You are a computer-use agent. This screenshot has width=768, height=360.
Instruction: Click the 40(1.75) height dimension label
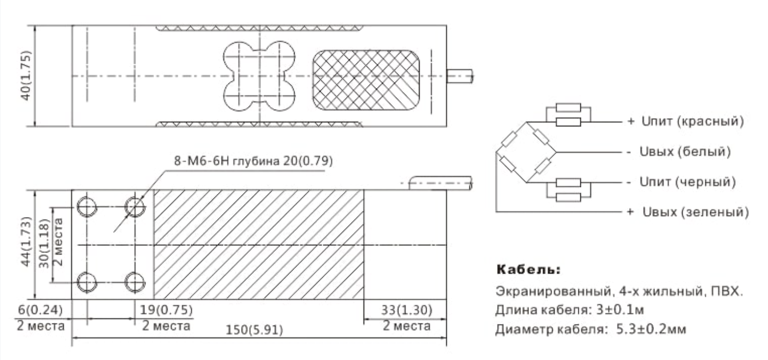click(x=26, y=76)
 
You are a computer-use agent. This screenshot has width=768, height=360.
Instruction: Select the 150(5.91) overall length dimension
click(x=254, y=330)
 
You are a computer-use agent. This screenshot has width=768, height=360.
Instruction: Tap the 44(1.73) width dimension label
click(x=26, y=241)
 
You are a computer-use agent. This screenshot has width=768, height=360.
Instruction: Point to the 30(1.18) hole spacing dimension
click(x=44, y=243)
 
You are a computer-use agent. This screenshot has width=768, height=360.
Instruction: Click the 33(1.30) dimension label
click(x=407, y=310)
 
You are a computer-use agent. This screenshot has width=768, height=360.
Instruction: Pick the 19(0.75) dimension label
click(x=166, y=310)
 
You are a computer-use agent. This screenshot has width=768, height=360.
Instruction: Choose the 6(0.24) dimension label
click(x=40, y=310)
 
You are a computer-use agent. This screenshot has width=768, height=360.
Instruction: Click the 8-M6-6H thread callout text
click(x=253, y=161)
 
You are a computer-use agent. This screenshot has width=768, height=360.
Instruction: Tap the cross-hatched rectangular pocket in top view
click(x=366, y=80)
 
